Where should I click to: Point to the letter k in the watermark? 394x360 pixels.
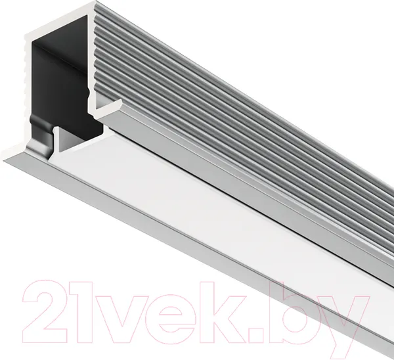coord(224,313)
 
